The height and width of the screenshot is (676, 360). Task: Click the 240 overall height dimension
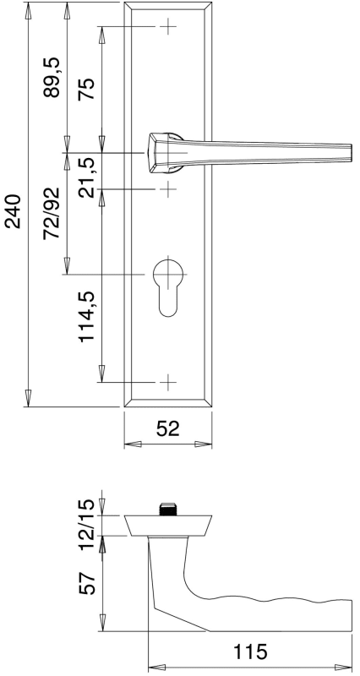pos(13,211)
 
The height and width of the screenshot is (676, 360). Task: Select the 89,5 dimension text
pos(52,78)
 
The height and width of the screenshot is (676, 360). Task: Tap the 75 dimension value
pos(86,89)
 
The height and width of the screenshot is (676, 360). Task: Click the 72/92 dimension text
pos(51,214)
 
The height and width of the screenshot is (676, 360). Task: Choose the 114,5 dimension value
pos(87,317)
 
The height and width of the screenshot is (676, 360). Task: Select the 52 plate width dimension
pos(167,428)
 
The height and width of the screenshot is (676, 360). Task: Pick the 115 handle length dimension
pos(250,651)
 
